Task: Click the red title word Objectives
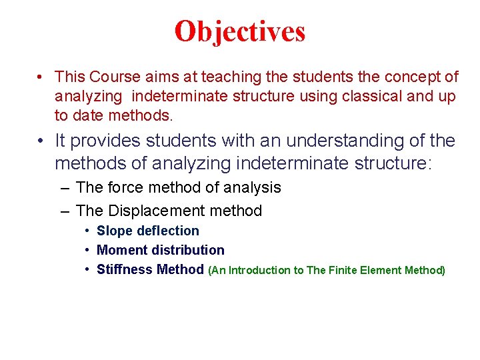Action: pyautogui.click(x=240, y=31)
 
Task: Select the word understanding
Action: pyautogui.click(x=347, y=141)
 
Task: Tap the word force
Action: pyautogui.click(x=127, y=188)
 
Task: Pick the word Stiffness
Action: pyautogui.click(x=124, y=270)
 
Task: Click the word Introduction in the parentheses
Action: pyautogui.click(x=261, y=271)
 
